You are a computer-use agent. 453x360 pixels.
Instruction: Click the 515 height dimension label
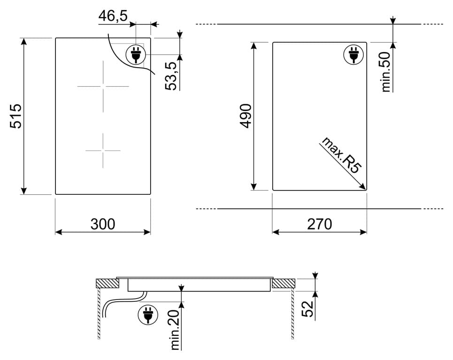tap(16, 116)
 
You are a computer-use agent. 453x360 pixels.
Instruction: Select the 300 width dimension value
tap(102, 224)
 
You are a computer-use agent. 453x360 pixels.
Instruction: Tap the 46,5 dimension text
tap(113, 16)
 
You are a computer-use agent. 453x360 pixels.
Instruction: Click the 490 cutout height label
tap(246, 115)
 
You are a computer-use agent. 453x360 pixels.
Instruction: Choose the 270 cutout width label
tap(319, 224)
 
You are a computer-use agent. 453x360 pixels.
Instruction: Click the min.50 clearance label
tap(386, 72)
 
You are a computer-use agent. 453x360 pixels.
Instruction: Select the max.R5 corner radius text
tap(341, 155)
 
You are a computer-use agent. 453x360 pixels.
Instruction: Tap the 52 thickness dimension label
tap(308, 309)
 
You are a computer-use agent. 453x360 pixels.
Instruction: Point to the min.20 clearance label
tap(176, 329)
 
